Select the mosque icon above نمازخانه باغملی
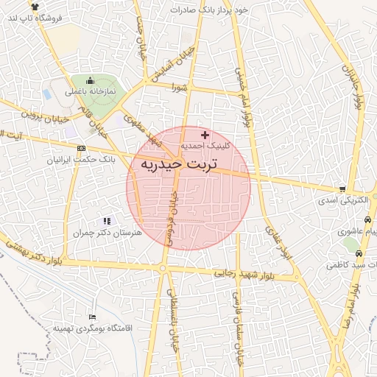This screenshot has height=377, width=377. click(x=91, y=80)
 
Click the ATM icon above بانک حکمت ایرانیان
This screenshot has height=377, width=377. click(x=80, y=148)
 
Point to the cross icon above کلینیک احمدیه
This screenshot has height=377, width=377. click(x=205, y=135)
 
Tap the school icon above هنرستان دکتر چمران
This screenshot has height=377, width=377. click(x=106, y=220)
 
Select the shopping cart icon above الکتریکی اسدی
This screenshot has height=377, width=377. click(x=341, y=188)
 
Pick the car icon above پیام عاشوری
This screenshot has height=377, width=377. click(x=367, y=219)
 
